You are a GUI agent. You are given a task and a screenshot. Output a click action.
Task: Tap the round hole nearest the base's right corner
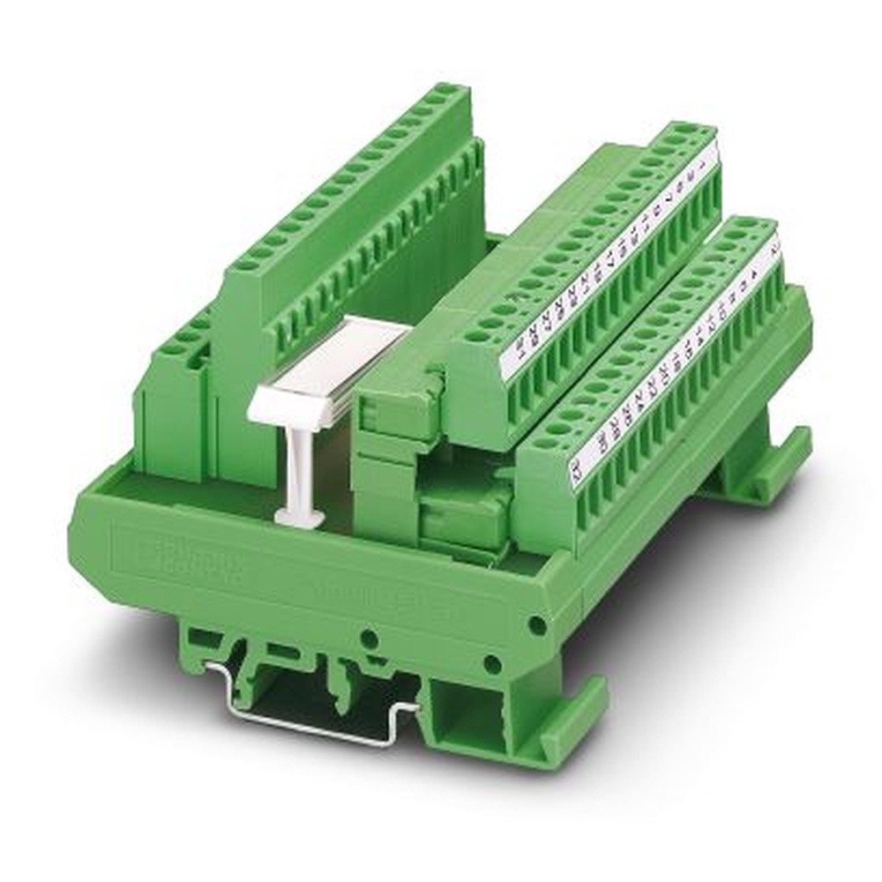[x=535, y=625]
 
